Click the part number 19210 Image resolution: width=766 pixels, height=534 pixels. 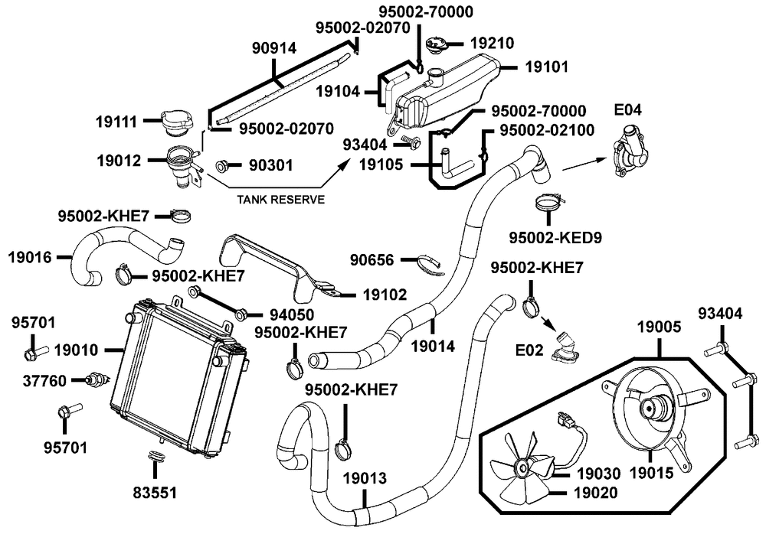click(x=492, y=44)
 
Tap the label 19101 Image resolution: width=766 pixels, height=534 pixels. click(x=547, y=67)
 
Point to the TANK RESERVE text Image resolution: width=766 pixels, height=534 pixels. click(x=280, y=200)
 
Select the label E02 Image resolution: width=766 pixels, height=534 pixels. click(x=529, y=350)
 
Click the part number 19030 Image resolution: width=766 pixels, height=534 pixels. click(x=598, y=474)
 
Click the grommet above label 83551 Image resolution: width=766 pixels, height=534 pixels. click(x=155, y=455)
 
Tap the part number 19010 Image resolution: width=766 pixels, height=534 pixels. click(x=76, y=350)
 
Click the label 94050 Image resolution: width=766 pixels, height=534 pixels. click(x=292, y=315)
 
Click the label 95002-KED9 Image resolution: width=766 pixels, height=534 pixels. click(x=555, y=238)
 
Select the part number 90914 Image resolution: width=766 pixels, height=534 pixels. click(x=274, y=48)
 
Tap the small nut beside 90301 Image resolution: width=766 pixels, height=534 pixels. click(x=223, y=167)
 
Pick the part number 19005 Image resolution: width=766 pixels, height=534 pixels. click(x=659, y=327)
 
